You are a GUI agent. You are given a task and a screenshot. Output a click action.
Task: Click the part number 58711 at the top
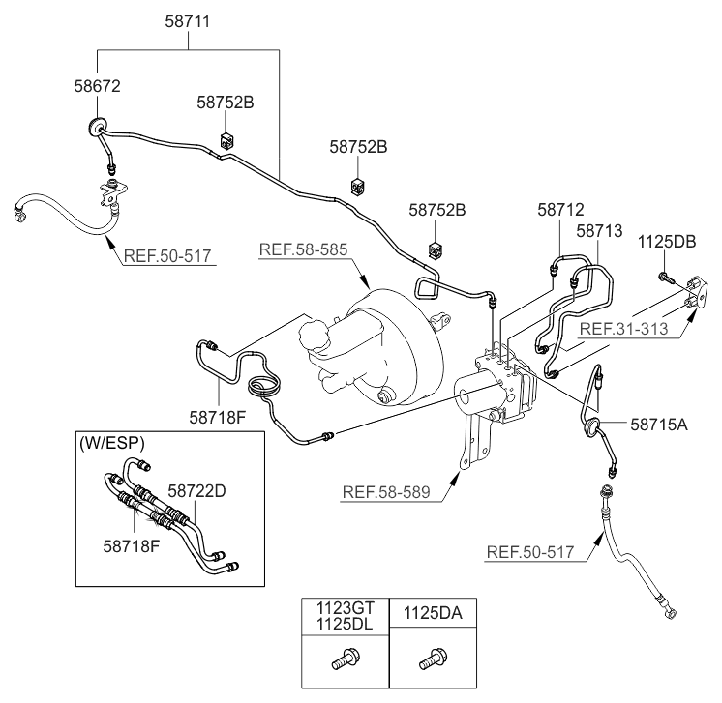coord(188,21)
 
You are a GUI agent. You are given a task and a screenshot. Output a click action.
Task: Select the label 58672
coord(97,86)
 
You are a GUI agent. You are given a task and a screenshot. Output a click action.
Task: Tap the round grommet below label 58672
coord(96,126)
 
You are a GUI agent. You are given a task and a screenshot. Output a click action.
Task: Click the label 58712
coord(560,210)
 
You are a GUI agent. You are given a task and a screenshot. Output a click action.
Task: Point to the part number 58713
coord(599,230)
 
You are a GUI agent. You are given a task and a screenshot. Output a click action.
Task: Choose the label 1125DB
coord(667,242)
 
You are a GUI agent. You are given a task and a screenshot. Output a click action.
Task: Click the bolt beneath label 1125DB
coord(665,278)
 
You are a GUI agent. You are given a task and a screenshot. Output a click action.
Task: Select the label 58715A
coord(658,425)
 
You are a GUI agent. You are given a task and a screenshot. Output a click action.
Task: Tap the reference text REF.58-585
coord(304,249)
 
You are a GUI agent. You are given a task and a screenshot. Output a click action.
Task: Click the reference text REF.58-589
coord(386,492)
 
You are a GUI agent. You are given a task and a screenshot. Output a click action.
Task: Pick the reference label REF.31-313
coord(623,329)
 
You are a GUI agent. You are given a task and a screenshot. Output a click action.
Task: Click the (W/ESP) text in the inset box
coord(112,443)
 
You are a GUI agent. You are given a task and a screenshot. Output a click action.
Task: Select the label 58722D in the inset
coord(196,491)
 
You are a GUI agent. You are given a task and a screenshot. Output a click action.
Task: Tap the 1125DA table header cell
coord(433,613)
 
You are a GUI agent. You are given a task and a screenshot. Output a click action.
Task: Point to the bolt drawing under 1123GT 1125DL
coord(346,659)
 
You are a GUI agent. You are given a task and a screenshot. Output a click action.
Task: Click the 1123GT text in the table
coord(346,608)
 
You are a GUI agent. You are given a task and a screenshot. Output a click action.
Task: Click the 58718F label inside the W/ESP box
coord(132,546)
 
